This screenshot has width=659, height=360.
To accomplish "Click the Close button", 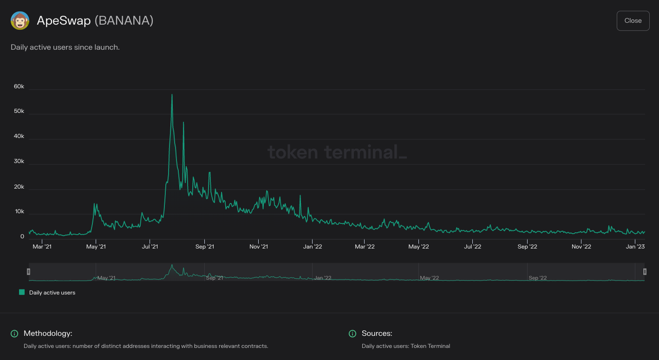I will click(633, 21).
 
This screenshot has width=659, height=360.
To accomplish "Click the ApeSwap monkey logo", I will click(20, 21).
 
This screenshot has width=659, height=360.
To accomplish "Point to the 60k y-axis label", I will click(19, 87).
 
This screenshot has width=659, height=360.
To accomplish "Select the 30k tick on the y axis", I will click(19, 162).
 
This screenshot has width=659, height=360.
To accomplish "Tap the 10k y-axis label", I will click(19, 212).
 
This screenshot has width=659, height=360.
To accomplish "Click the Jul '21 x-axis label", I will click(150, 247).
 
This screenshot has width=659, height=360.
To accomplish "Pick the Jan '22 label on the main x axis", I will click(313, 247).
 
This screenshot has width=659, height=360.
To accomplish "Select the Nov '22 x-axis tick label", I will click(581, 247).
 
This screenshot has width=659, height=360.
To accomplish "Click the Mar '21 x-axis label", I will click(42, 247).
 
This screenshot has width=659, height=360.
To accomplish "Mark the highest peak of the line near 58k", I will click(172, 95).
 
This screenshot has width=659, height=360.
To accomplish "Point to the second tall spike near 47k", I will click(183, 123).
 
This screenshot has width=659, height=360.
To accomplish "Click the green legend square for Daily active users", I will click(21, 292).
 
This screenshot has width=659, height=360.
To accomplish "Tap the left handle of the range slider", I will click(28, 272).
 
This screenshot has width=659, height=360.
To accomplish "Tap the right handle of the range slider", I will click(645, 272).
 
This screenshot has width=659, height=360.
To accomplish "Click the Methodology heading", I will click(48, 334).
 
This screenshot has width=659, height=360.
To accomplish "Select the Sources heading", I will click(377, 334).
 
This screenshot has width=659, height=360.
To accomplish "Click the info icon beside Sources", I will click(352, 334).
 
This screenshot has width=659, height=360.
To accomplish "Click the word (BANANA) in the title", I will click(124, 21).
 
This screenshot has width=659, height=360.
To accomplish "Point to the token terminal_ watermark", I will click(337, 152).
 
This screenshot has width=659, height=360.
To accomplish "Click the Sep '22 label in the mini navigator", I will click(537, 278).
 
